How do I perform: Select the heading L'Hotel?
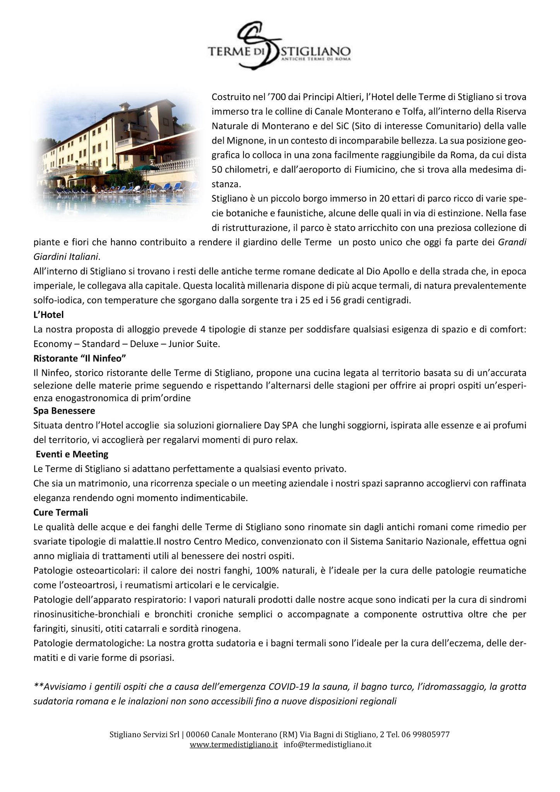coord(48,315)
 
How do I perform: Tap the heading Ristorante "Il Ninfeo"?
coord(80,358)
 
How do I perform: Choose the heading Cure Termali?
coord(61,512)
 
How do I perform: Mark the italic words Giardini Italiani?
coord(66,257)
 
